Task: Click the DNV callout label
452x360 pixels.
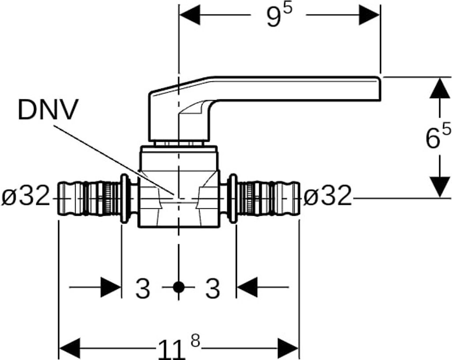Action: (x=48, y=110)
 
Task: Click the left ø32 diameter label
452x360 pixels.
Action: (x=25, y=196)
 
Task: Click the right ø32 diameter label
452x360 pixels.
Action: (x=328, y=196)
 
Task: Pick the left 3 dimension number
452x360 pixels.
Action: (x=143, y=289)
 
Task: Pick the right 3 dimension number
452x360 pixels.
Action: (x=213, y=289)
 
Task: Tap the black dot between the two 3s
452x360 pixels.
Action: (x=178, y=288)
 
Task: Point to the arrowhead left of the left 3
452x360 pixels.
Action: (x=111, y=288)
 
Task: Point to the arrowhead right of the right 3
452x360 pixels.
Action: (x=247, y=288)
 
